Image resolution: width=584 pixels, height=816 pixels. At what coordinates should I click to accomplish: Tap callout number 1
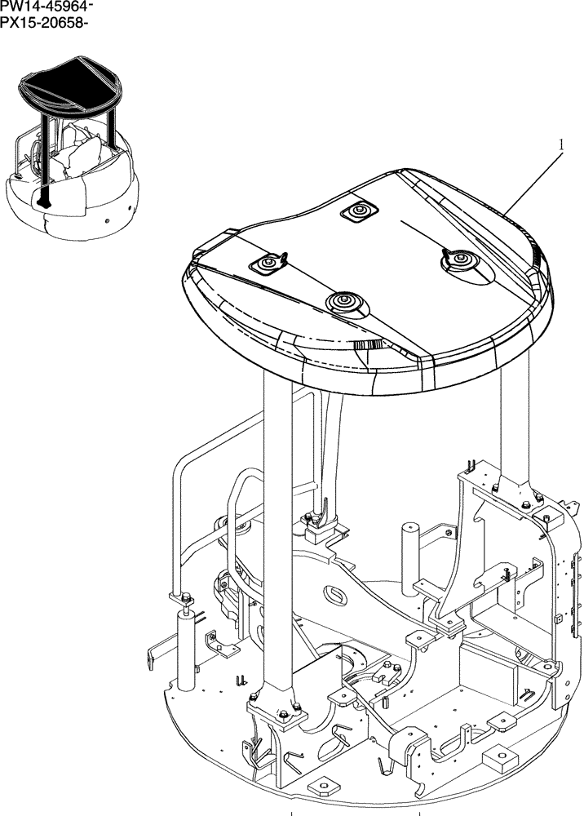561,144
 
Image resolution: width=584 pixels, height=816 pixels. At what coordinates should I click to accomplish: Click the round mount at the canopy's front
343,303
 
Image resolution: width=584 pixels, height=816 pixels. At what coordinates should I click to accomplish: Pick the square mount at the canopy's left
268,264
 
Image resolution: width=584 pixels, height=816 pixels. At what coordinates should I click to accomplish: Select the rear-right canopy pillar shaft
516,424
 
